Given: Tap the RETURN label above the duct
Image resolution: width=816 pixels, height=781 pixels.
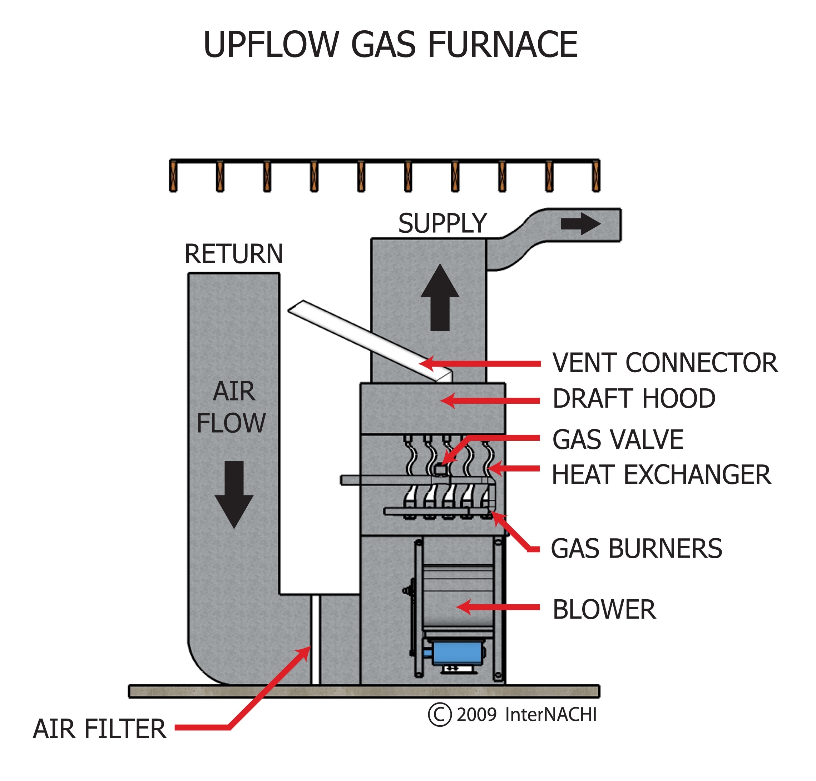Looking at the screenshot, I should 233,254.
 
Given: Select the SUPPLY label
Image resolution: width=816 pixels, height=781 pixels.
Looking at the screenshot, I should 442,224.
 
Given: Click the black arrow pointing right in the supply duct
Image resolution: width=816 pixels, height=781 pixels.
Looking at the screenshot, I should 581,224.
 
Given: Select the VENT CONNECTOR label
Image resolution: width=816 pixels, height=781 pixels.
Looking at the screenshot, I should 665,363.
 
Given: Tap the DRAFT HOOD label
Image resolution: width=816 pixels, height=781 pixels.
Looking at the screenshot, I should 634,399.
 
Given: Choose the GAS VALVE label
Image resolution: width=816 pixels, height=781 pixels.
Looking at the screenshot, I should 618,439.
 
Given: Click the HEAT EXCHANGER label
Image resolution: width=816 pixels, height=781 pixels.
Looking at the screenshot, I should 661,475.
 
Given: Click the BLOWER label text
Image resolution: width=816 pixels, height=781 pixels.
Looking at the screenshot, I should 604,610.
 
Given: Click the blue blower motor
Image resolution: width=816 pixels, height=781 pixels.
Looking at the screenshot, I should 457,653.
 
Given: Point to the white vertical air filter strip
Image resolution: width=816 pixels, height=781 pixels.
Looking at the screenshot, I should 316,640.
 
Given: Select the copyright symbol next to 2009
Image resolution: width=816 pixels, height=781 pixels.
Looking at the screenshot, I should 439,715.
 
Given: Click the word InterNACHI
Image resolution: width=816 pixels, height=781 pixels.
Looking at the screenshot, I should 550,715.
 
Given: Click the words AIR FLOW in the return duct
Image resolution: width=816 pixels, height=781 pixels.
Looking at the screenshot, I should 232,407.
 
